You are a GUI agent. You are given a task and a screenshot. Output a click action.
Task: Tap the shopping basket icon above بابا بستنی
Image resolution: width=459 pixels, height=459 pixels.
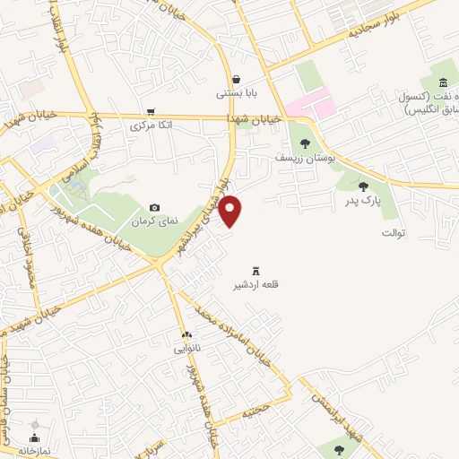235,79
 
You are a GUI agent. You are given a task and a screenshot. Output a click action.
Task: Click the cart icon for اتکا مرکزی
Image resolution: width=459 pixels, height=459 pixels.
150,111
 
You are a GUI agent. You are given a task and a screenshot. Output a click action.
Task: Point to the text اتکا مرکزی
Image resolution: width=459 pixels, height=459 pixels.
150,125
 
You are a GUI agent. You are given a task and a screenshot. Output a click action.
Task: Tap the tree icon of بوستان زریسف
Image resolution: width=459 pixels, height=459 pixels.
305,143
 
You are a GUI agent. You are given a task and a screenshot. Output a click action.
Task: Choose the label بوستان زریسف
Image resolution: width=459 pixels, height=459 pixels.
305,156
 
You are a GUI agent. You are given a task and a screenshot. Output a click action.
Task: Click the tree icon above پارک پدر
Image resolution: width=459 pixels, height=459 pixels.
363,186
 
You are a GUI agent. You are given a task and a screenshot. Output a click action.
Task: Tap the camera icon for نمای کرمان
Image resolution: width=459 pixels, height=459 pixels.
155,207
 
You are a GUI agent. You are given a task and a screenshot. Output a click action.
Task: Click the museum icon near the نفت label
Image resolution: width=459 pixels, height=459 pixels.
443,82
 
